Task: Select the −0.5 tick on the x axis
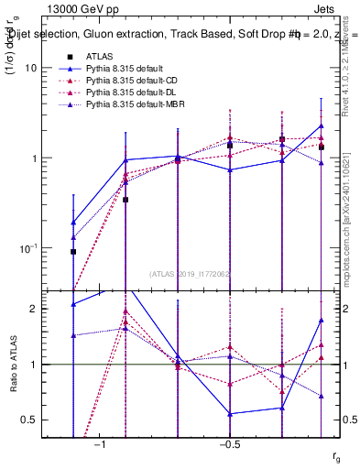tap(228, 443)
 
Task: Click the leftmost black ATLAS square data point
tap(73, 251)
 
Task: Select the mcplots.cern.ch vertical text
tap(349, 229)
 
